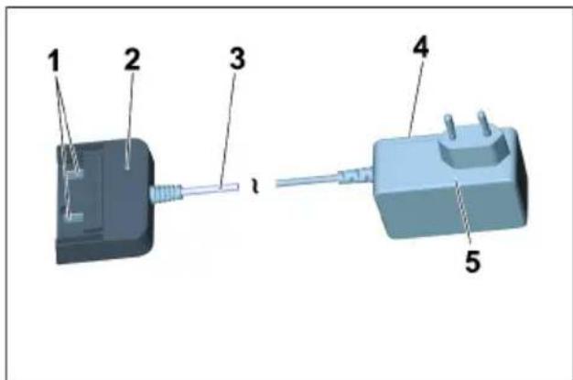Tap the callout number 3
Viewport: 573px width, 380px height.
pyautogui.click(x=237, y=60)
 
